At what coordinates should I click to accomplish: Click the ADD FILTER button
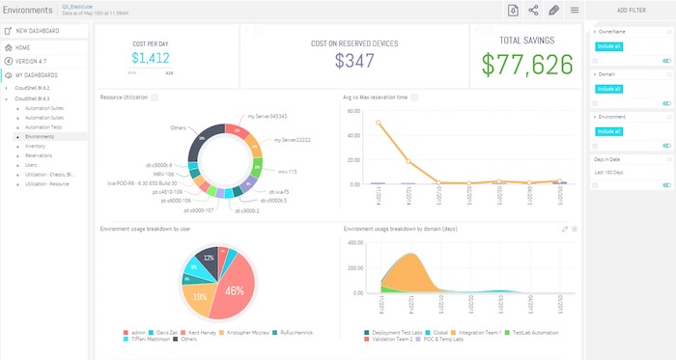pyautogui.click(x=632, y=10)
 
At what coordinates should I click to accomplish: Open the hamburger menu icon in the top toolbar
pyautogui.click(x=575, y=10)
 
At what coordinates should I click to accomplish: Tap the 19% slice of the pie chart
pyautogui.click(x=200, y=297)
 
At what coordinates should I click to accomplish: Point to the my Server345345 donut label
pyautogui.click(x=267, y=116)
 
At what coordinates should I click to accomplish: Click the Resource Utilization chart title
pyautogui.click(x=123, y=97)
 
